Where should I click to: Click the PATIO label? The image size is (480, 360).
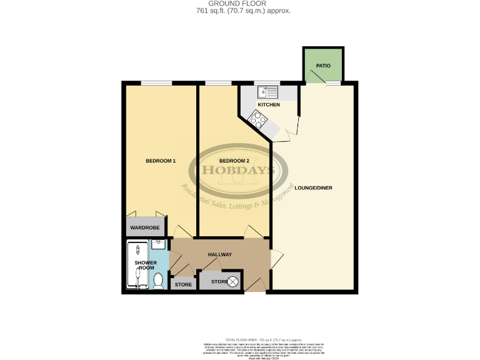[x=322, y=65]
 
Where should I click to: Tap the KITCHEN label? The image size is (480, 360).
[x=268, y=104]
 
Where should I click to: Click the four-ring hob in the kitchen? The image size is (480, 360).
[x=256, y=117]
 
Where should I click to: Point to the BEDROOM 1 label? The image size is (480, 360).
[x=161, y=161]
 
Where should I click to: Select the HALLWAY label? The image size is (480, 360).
[x=219, y=254]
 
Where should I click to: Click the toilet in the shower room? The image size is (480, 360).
[x=159, y=281]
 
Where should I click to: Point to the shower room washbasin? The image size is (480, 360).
[x=158, y=244]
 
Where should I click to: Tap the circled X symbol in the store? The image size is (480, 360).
[x=233, y=282]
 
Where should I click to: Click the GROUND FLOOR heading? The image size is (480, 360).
[x=240, y=4]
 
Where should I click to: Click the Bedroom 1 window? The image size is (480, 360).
[x=156, y=83]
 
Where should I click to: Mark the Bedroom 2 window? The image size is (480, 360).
[x=217, y=83]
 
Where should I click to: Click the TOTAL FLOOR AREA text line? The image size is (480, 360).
[x=240, y=339]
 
